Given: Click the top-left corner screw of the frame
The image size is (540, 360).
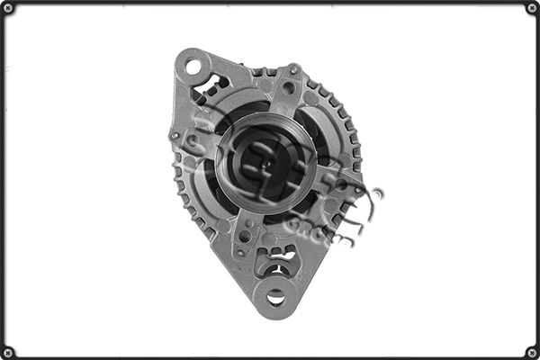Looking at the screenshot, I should tap(8, 8).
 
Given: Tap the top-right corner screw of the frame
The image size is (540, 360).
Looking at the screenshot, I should tap(532, 8).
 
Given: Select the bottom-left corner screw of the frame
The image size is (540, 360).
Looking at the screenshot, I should tap(8, 352).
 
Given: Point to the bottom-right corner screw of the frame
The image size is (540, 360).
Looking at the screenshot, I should tap(532, 352).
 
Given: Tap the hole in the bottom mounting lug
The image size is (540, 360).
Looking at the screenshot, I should tap(276, 296).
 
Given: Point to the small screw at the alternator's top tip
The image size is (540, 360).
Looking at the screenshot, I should tap(294, 69).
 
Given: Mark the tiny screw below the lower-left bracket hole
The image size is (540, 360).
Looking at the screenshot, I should tap(239, 254).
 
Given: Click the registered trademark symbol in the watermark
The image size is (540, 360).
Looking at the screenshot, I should tap(377, 193).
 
